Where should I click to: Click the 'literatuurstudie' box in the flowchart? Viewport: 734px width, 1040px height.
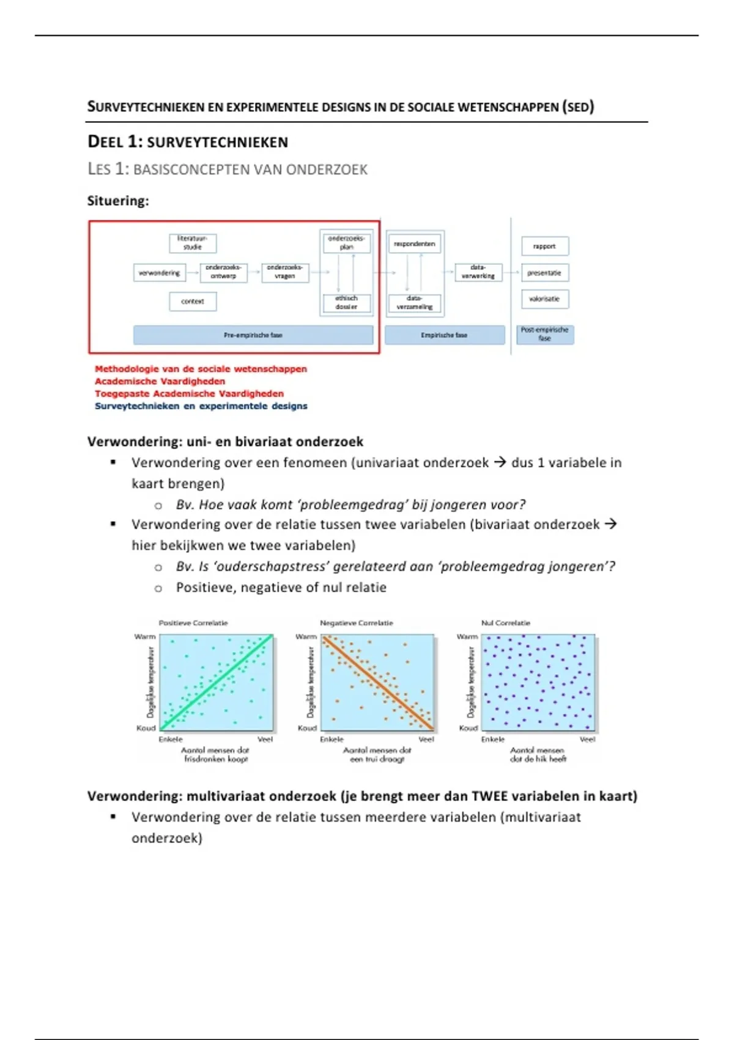(193, 243)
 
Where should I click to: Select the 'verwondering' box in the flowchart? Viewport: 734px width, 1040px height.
(159, 273)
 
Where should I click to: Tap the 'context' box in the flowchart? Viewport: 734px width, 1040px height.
(193, 302)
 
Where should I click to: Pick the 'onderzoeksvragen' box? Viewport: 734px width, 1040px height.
(285, 272)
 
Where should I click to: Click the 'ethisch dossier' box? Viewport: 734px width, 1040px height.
(346, 303)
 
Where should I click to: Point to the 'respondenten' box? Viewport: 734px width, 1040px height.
(415, 244)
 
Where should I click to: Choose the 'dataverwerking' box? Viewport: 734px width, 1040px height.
(478, 272)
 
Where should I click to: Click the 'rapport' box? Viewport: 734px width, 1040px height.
(544, 246)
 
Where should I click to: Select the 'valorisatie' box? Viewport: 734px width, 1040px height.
(544, 299)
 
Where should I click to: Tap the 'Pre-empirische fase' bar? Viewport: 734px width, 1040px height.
(253, 335)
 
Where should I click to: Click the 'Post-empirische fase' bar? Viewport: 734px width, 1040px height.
(545, 335)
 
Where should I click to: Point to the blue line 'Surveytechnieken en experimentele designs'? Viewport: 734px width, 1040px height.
(201, 406)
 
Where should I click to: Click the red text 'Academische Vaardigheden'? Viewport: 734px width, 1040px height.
(160, 382)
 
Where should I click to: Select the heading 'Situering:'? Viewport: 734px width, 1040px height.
(118, 201)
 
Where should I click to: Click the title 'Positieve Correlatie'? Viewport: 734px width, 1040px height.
(193, 623)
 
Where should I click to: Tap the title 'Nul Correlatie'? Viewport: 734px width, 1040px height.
(506, 623)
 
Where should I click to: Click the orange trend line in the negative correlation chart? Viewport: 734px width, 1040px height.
(378, 682)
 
